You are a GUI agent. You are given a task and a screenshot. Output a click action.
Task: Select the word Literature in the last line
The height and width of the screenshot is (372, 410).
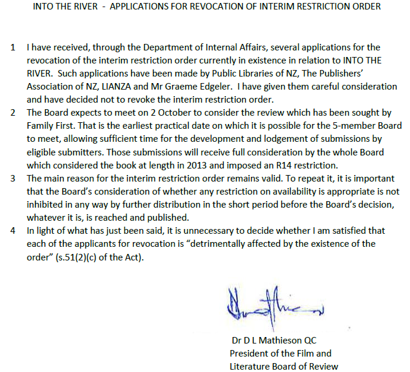point(251,366)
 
